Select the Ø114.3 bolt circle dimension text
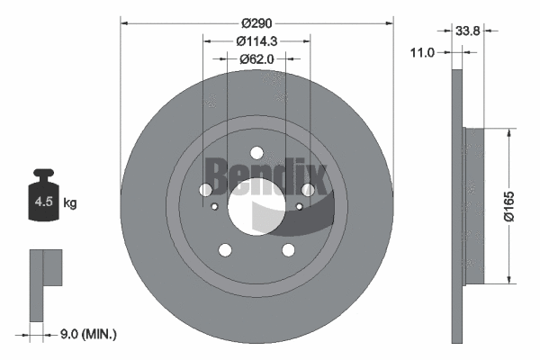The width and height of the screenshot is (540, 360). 256,40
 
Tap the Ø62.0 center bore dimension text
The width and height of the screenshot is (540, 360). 256,58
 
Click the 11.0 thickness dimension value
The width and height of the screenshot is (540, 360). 422,53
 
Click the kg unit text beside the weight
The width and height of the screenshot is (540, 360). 70,203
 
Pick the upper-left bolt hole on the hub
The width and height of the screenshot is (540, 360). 206,190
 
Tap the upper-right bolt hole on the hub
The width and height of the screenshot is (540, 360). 307,190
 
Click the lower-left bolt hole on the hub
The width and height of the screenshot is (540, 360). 225,250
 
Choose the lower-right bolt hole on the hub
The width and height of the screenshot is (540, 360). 288,250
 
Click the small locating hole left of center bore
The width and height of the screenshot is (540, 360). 214,206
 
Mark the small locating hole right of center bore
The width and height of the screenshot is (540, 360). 299,206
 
